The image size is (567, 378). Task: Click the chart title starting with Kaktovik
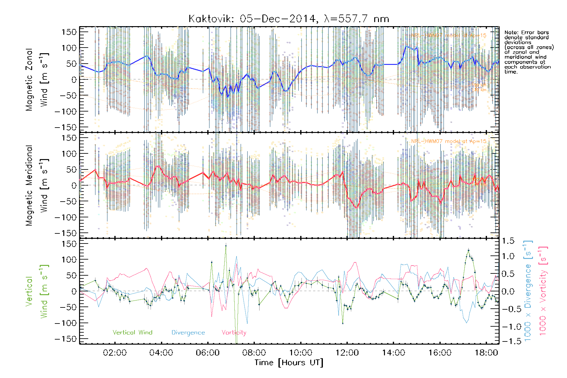pyautogui.click(x=289, y=19)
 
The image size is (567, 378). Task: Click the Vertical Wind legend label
pyautogui.click(x=132, y=332)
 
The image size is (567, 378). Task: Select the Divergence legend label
pyautogui.click(x=188, y=332)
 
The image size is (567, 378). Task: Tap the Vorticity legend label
pyautogui.click(x=234, y=332)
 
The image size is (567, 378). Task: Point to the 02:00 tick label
pyautogui.click(x=115, y=353)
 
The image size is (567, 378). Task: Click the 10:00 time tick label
pyautogui.click(x=301, y=353)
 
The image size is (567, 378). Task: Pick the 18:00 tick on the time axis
pyautogui.click(x=486, y=353)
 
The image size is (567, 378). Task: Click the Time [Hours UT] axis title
pyautogui.click(x=289, y=363)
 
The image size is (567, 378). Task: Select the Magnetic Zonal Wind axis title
pyautogui.click(x=37, y=79)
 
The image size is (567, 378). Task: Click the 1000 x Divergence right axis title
pyautogui.click(x=528, y=291)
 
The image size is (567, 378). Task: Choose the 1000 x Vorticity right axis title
pyautogui.click(x=543, y=291)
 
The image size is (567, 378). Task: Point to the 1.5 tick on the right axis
pyautogui.click(x=508, y=241)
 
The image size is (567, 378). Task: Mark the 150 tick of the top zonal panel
pyautogui.click(x=69, y=32)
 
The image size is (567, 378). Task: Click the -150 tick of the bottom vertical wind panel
pyautogui.click(x=66, y=339)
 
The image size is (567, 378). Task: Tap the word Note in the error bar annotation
pyautogui.click(x=511, y=32)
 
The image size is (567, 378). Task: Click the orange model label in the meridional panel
pyautogui.click(x=449, y=141)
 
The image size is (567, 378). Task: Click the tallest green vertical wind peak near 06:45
pyautogui.click(x=226, y=245)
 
